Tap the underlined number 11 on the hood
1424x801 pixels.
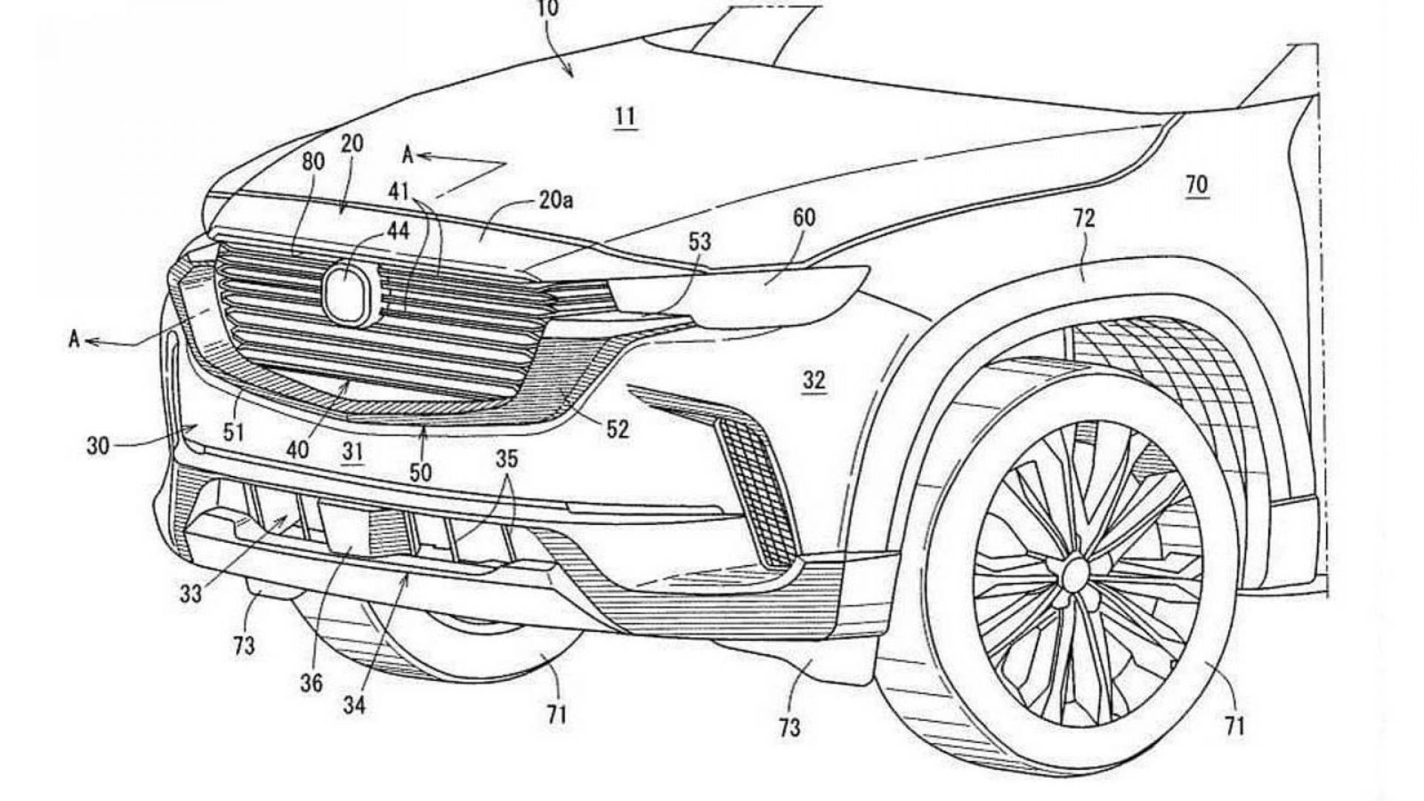point(624,117)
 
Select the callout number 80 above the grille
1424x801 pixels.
point(313,162)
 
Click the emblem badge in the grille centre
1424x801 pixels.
point(348,294)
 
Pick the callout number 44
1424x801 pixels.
point(398,231)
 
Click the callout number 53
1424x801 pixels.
point(699,242)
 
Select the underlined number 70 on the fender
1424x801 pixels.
point(1196,185)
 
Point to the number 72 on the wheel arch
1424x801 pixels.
point(1083,218)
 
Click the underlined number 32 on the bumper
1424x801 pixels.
point(814,380)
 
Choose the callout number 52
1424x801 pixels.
point(616,429)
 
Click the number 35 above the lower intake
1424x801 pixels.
point(507,459)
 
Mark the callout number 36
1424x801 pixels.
point(311,682)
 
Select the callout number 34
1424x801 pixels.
point(355,705)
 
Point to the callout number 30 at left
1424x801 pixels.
point(98,446)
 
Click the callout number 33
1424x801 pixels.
point(191,594)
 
